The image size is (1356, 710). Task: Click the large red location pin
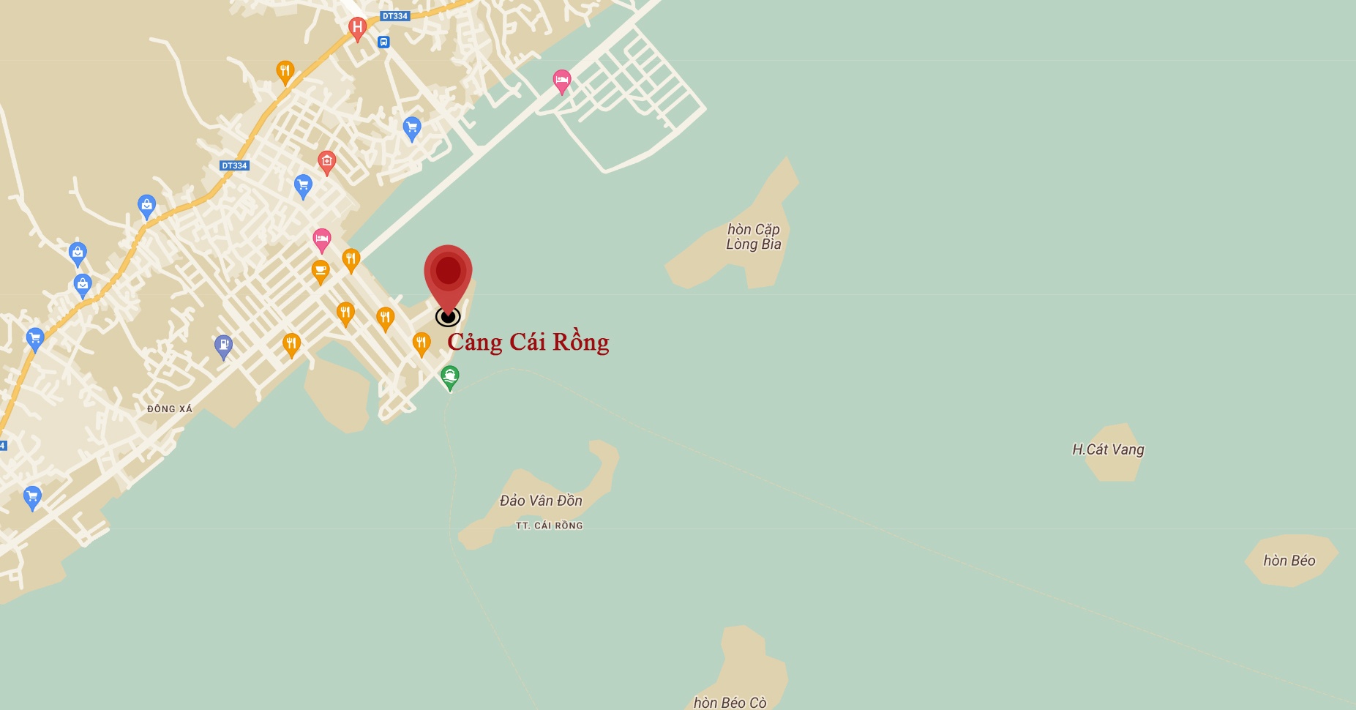coord(448,274)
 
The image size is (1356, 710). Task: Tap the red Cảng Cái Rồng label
coord(528,342)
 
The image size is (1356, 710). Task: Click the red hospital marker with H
coord(357,29)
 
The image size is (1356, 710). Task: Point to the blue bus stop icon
coord(383,42)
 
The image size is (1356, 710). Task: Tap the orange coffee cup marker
coord(321,271)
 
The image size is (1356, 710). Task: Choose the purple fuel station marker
coord(224,345)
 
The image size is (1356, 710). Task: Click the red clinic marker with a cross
coord(326,161)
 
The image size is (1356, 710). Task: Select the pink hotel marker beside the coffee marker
coord(321,239)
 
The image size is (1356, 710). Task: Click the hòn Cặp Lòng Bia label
coord(753,236)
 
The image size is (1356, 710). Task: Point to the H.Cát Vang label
coord(1107,449)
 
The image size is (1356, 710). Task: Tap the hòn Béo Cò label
coord(730,703)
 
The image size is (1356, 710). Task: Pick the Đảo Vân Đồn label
coord(541,501)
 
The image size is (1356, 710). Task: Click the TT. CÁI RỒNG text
coord(549,526)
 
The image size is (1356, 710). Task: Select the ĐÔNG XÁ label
coord(169,409)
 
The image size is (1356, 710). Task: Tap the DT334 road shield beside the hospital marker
coord(395,16)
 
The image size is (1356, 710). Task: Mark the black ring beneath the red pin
coord(448,317)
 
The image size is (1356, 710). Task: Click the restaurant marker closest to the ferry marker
coord(421,343)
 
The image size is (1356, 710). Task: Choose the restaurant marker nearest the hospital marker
coord(285,72)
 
